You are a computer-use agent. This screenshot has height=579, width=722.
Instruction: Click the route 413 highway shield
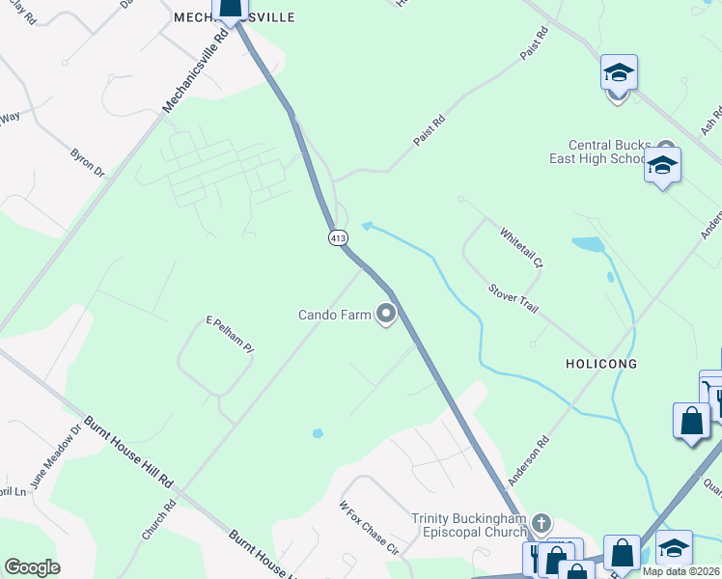[x=337, y=237]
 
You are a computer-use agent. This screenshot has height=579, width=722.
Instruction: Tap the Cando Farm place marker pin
[x=387, y=315]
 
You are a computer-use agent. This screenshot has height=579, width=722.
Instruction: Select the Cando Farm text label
[x=334, y=315]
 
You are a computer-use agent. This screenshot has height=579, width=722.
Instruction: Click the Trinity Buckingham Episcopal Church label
[x=470, y=525]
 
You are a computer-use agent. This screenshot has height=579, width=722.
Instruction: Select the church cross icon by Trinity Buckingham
[x=541, y=524]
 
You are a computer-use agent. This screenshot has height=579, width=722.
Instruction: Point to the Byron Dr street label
[x=87, y=162]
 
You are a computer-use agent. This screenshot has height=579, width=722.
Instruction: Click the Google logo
[x=32, y=567]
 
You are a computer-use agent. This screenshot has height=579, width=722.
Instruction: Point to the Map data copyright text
[x=681, y=571]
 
